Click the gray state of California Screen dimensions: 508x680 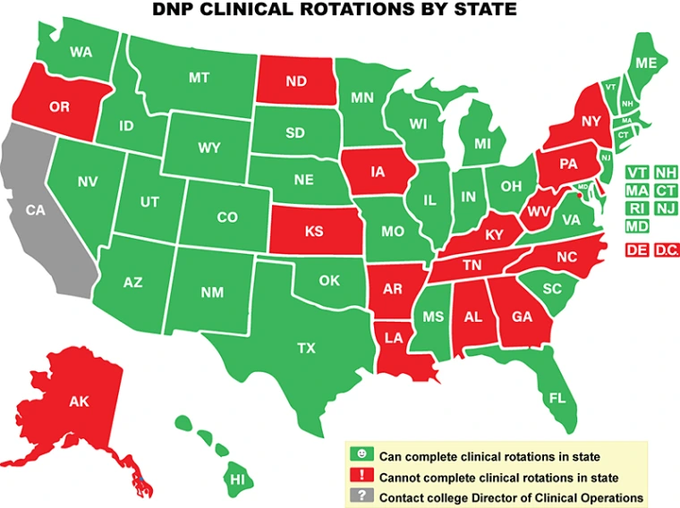pyautogui.click(x=40, y=215)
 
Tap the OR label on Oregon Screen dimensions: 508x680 pyautogui.click(x=59, y=107)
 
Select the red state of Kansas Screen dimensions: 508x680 pyautogui.click(x=314, y=231)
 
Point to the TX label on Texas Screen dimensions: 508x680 pyautogui.click(x=306, y=349)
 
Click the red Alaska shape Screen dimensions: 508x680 pyautogui.click(x=79, y=402)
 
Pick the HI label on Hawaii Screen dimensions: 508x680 pyautogui.click(x=237, y=479)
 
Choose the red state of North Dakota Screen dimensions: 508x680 pyautogui.click(x=296, y=81)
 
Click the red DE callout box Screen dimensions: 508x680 pyautogui.click(x=637, y=250)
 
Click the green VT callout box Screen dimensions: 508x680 pyautogui.click(x=637, y=173)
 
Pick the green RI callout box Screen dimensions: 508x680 pyautogui.click(x=637, y=208)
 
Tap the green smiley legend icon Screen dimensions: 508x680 pyautogui.click(x=361, y=456)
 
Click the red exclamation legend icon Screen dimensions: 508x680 pyautogui.click(x=361, y=477)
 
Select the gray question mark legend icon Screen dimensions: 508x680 pyautogui.click(x=361, y=497)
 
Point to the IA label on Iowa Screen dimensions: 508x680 pyautogui.click(x=378, y=172)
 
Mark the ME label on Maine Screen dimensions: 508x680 pyautogui.click(x=645, y=63)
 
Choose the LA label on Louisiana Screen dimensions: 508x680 pyautogui.click(x=395, y=337)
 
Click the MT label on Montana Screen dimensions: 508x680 pyautogui.click(x=199, y=78)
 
